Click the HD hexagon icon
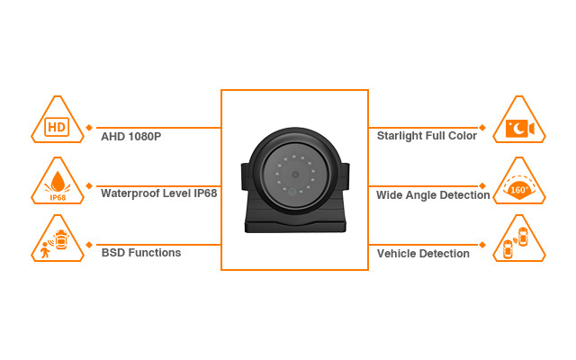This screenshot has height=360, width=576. pyautogui.click(x=57, y=127)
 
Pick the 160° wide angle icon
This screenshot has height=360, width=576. pyautogui.click(x=519, y=188)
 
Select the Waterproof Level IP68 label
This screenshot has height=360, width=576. pyautogui.click(x=158, y=193)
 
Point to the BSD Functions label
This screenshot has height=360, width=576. pyautogui.click(x=141, y=253)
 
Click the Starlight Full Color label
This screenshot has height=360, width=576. pyautogui.click(x=427, y=135)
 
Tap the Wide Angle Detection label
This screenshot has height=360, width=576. pyautogui.click(x=433, y=194)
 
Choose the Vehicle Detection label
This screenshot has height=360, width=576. pyautogui.click(x=423, y=254)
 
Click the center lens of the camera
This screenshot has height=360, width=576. pyautogui.click(x=293, y=175)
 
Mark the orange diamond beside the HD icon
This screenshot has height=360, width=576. pyautogui.click(x=90, y=127)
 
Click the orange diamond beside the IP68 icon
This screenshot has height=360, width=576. pyautogui.click(x=90, y=185)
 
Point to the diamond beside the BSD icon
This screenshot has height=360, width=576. pyautogui.click(x=90, y=245)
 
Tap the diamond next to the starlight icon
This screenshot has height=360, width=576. pyautogui.click(x=483, y=127)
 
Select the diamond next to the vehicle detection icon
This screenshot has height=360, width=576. pyautogui.click(x=483, y=245)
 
